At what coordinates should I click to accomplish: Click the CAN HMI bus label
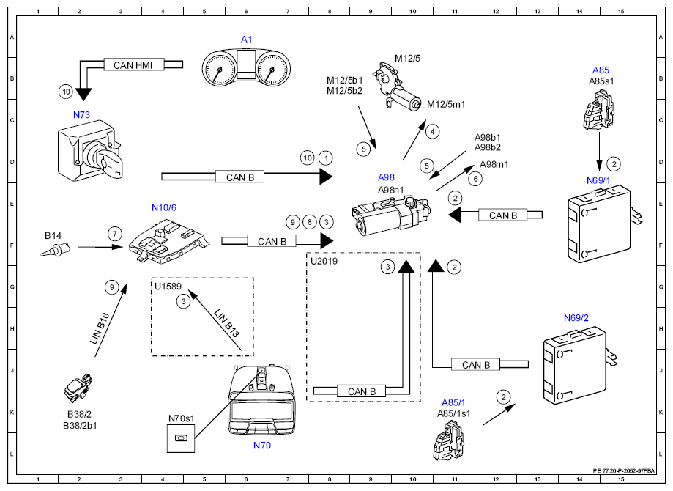point(133,65)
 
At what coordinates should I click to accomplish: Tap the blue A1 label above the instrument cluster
point(246,40)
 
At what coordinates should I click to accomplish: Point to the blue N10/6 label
point(164,207)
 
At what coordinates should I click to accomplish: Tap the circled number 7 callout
point(114,234)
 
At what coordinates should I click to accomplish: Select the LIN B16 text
point(100,328)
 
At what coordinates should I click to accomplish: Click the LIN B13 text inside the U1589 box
point(226,323)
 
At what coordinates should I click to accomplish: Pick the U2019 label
point(324,261)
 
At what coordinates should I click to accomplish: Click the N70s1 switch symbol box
point(181,438)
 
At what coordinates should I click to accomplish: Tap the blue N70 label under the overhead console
point(262,446)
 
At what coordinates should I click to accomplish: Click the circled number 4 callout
point(433,132)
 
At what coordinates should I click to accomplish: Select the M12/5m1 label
point(446,104)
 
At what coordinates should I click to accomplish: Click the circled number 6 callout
point(475,179)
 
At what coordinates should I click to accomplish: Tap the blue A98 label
point(386,177)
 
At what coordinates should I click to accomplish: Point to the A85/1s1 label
point(454,413)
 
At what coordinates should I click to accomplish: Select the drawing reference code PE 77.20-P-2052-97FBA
point(624,470)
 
